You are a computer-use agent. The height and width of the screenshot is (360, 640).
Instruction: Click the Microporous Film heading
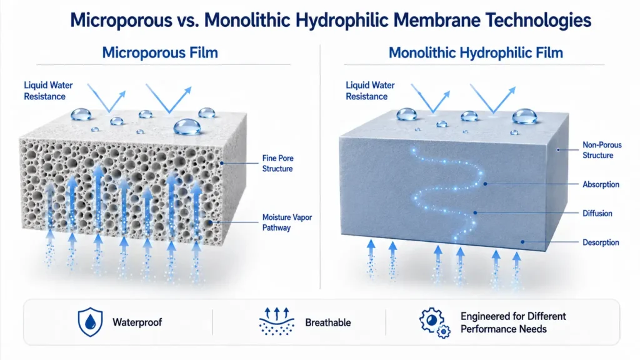[x=160, y=52]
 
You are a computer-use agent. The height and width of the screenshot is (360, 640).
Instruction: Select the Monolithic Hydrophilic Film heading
[x=476, y=52]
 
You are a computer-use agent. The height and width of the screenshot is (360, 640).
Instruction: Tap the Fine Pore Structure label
[x=277, y=163]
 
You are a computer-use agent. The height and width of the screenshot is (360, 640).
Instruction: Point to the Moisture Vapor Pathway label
[x=287, y=222]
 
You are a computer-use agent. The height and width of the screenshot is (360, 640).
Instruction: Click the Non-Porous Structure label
[x=602, y=150]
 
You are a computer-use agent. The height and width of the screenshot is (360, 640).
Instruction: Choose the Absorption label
[x=601, y=184]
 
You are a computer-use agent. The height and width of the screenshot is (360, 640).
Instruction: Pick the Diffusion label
[x=597, y=213]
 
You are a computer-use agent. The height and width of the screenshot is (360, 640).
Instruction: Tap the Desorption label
[x=601, y=242]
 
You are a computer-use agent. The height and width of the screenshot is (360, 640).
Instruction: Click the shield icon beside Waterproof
[x=90, y=322]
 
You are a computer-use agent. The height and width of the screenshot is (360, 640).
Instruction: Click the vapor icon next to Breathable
[x=277, y=322]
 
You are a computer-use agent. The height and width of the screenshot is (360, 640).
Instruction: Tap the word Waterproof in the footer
[x=137, y=322]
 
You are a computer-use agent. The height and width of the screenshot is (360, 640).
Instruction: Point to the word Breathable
[x=327, y=322]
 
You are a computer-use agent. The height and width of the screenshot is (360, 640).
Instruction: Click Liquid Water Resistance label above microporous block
[x=48, y=91]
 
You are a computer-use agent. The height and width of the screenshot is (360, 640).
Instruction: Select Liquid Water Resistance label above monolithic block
[x=370, y=91]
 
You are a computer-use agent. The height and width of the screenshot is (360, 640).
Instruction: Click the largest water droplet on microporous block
[x=187, y=126]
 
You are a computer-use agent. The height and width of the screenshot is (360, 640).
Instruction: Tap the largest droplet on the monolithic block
[x=524, y=116]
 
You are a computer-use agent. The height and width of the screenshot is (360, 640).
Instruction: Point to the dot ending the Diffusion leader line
[x=475, y=213]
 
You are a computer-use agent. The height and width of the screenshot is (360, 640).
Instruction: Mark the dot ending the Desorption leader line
[x=523, y=242]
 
